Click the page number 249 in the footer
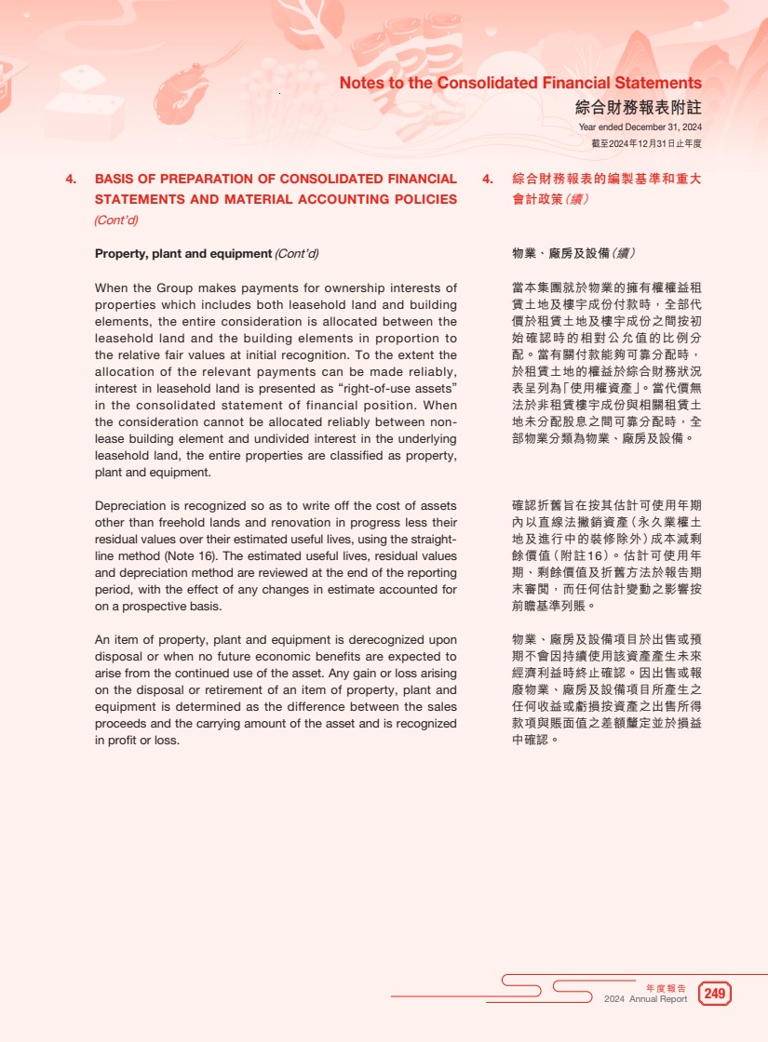714,994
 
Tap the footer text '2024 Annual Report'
645,999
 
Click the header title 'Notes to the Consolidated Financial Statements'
520,84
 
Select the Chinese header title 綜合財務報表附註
638,108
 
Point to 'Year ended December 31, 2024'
640,127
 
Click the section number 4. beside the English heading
71,179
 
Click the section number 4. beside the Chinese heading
488,179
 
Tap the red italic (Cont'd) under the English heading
116,220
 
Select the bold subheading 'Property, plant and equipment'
182,253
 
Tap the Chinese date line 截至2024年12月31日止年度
646,143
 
